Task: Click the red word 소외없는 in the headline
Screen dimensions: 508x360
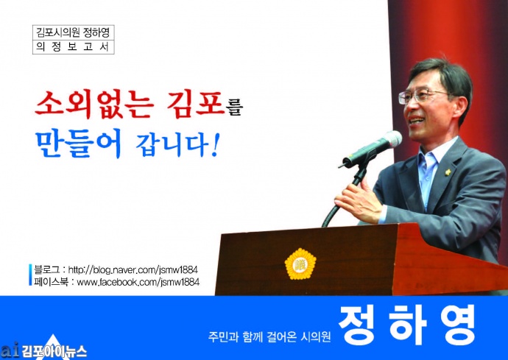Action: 94,104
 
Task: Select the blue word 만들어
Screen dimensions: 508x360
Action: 78,143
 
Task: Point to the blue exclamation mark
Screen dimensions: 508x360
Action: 214,145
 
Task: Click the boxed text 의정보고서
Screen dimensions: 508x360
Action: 73,47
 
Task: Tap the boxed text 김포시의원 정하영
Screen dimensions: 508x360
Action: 73,32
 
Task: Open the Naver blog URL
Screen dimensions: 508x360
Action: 133,270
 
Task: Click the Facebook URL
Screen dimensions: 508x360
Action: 138,282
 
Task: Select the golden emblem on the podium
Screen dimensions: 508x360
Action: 300,264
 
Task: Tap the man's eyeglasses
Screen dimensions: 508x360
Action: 421,96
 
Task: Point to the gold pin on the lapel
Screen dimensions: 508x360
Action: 448,172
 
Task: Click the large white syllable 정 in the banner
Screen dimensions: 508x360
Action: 358,325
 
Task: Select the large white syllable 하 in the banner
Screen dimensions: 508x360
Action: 407,325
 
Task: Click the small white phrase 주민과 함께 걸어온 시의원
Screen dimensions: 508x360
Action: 269,337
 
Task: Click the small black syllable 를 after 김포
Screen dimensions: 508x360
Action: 234,108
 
